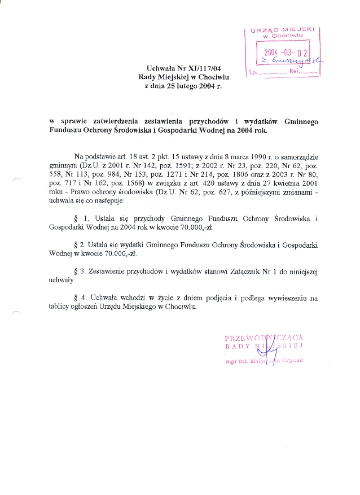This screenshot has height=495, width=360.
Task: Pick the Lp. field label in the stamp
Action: (253, 72)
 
